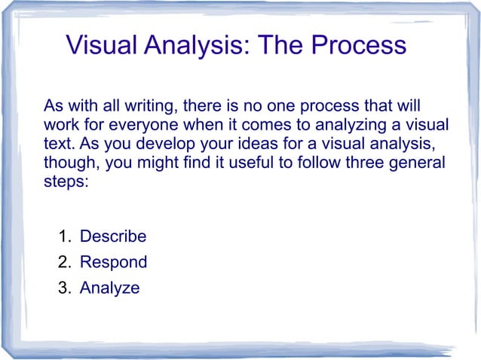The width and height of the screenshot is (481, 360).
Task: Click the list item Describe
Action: point(113,236)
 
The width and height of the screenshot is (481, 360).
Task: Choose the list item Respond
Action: point(113,262)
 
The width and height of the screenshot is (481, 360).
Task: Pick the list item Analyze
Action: point(109,288)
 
